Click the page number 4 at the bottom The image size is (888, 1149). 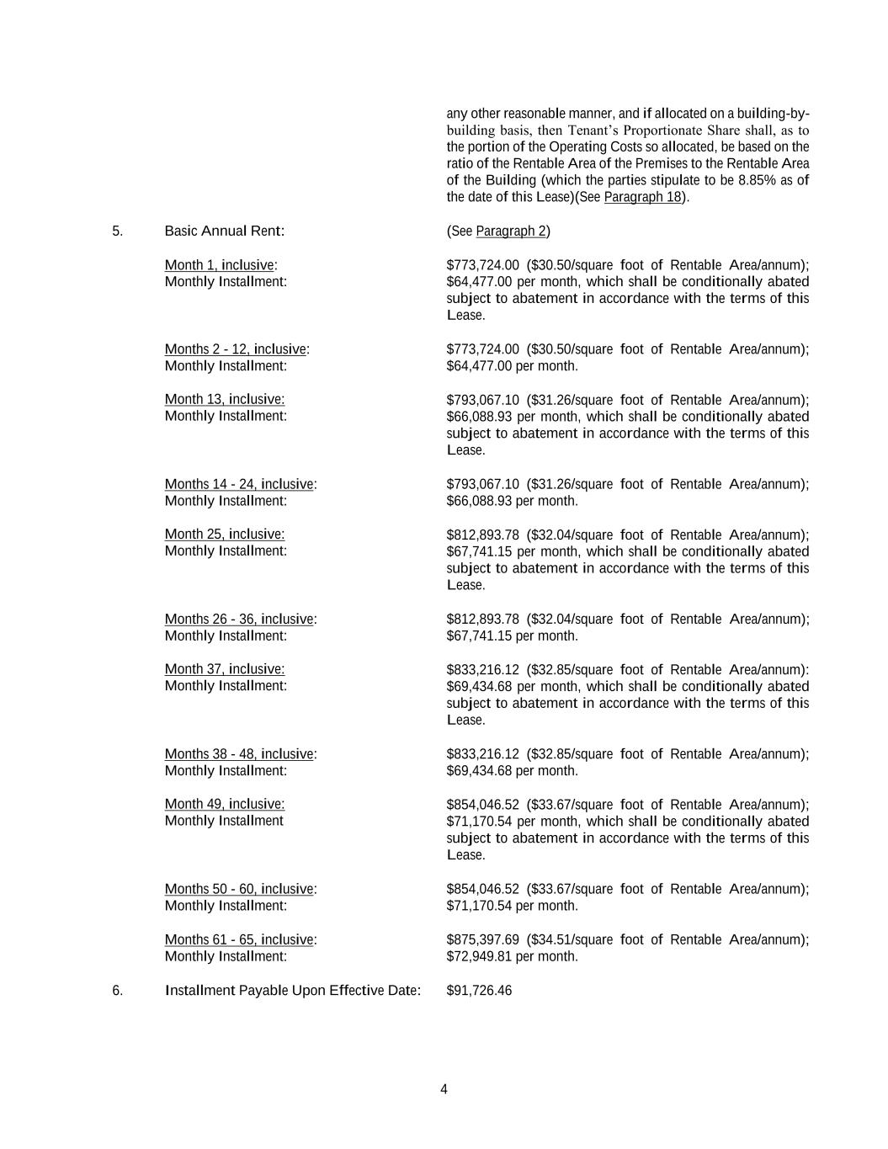[x=444, y=1089]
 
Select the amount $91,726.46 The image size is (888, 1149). [x=479, y=991]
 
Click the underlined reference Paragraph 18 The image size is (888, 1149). [x=642, y=197]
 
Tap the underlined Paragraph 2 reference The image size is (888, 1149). [x=511, y=231]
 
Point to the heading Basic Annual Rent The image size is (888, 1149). [x=224, y=231]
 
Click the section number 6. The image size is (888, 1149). [x=117, y=991]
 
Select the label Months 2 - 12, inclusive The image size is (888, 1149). [x=236, y=349]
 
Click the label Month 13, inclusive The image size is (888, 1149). [x=224, y=400]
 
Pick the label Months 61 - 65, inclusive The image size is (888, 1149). [x=240, y=939]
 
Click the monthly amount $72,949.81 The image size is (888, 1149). [x=479, y=956]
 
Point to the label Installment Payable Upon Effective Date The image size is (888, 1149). [x=292, y=991]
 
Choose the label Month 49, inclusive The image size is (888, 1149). [x=224, y=804]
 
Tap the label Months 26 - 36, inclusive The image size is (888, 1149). [x=240, y=620]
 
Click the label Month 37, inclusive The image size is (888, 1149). [x=224, y=669]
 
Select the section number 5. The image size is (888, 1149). [x=117, y=231]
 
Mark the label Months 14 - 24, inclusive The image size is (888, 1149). [x=240, y=484]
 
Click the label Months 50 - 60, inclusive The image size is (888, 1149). [x=240, y=889]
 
